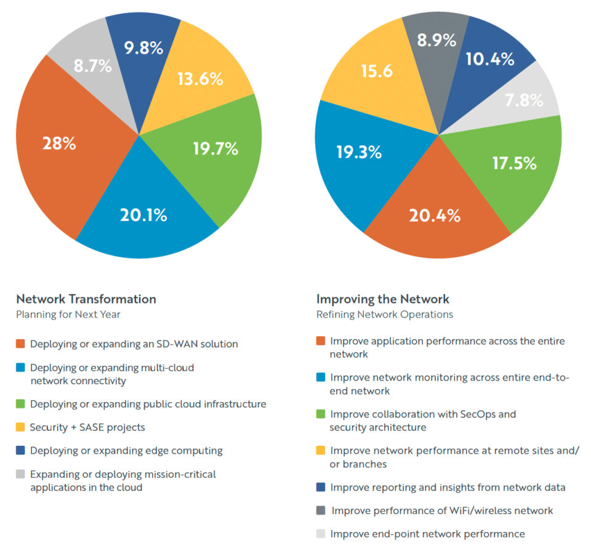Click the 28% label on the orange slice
click(59, 144)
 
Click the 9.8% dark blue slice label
click(144, 48)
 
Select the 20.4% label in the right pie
click(435, 216)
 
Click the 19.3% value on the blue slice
click(358, 152)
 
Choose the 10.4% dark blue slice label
click(491, 59)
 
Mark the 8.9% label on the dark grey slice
click(436, 41)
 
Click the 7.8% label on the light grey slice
click(523, 100)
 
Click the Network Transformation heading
click(86, 299)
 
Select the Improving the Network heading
click(383, 299)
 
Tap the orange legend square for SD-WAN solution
click(21, 344)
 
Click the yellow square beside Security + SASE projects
click(21, 427)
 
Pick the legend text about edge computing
click(126, 451)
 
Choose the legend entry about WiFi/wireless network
click(441, 510)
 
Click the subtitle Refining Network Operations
click(385, 315)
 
